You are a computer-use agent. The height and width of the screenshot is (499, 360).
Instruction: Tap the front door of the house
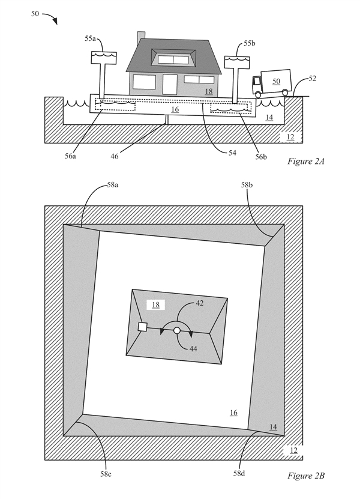[x=170, y=85]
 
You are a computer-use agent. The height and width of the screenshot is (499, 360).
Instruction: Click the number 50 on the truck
[x=277, y=80]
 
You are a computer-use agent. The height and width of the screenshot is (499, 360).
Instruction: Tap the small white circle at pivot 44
[x=177, y=330]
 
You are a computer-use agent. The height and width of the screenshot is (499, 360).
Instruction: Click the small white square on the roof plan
[x=143, y=327]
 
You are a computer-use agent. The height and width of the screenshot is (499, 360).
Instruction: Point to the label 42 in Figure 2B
[x=199, y=304]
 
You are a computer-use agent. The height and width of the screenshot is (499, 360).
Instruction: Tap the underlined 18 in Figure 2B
[x=155, y=305]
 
